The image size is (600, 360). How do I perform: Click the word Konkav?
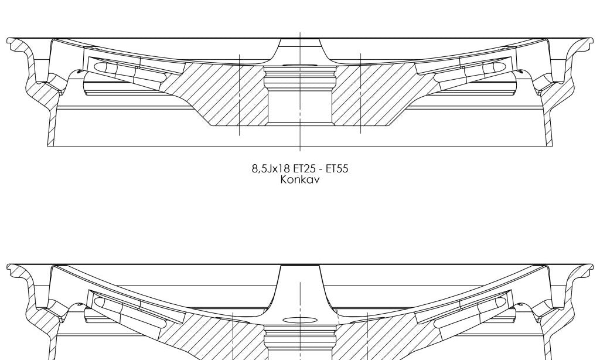tap(299, 179)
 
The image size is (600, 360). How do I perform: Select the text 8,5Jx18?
tap(267, 169)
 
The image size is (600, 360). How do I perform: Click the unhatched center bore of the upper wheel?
tap(300, 106)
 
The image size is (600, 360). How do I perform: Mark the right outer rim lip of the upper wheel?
tap(587, 42)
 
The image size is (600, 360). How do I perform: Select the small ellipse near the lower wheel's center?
tap(300, 320)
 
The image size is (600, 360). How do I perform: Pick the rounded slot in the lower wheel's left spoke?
tap(100, 303)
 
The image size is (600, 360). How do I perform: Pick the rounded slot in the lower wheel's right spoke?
tap(500, 303)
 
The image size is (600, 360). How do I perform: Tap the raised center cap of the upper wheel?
tap(300, 43)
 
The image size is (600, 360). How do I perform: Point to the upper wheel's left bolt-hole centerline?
tap(240, 94)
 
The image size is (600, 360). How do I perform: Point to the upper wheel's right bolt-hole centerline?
tap(361, 94)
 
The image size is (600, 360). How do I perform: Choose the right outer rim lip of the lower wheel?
tap(587, 269)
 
